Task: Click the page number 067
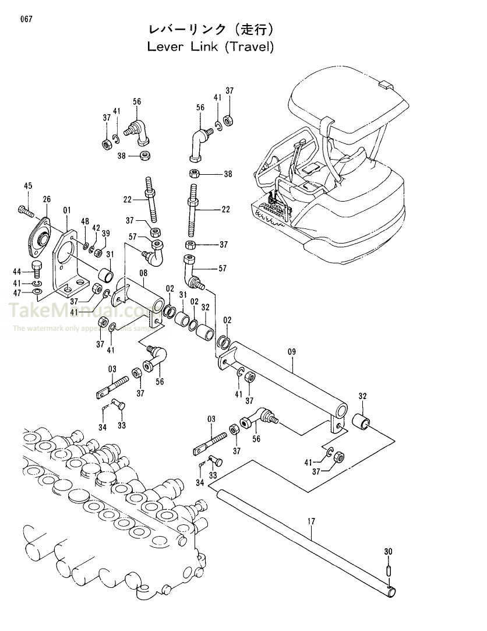[x=26, y=19]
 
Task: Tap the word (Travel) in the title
[x=249, y=47]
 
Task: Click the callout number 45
[x=27, y=186]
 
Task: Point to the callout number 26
[x=47, y=199]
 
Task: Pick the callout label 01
[x=67, y=210]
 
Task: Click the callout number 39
[x=105, y=233]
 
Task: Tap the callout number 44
[x=17, y=272]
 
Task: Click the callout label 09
[x=292, y=351]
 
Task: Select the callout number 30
[x=389, y=551]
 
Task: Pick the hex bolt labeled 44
[x=36, y=270]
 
